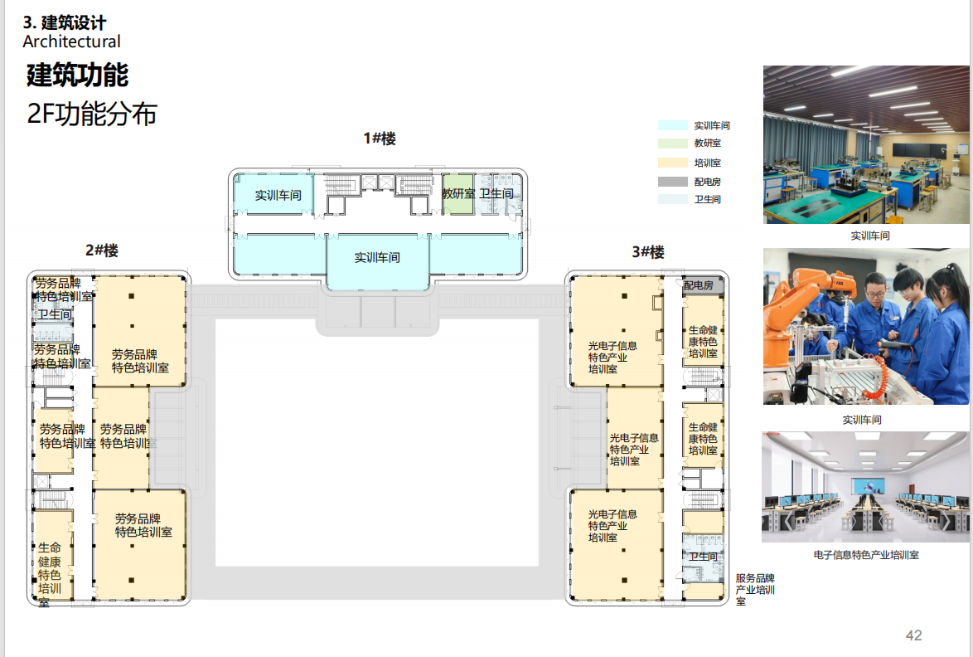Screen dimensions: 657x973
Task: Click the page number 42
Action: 913,635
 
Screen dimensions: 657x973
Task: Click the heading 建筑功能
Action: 77,75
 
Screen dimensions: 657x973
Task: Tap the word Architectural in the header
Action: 71,41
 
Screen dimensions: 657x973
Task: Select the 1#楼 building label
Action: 380,139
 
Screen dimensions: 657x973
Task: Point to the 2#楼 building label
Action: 102,251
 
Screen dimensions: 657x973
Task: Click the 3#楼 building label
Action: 647,251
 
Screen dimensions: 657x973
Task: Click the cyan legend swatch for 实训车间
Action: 672,125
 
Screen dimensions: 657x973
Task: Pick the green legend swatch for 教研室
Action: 672,144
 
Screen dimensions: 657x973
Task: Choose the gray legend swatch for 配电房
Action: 672,181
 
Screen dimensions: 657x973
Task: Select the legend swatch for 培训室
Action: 672,163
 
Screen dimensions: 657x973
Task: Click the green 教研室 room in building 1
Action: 457,194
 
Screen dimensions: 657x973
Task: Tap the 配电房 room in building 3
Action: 699,285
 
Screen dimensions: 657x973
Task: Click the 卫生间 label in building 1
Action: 496,194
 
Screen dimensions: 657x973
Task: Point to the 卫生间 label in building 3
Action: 703,557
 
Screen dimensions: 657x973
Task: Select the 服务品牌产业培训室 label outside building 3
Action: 754,590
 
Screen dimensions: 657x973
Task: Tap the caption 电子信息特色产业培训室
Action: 866,555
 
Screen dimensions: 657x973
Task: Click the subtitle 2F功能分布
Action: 92,114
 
